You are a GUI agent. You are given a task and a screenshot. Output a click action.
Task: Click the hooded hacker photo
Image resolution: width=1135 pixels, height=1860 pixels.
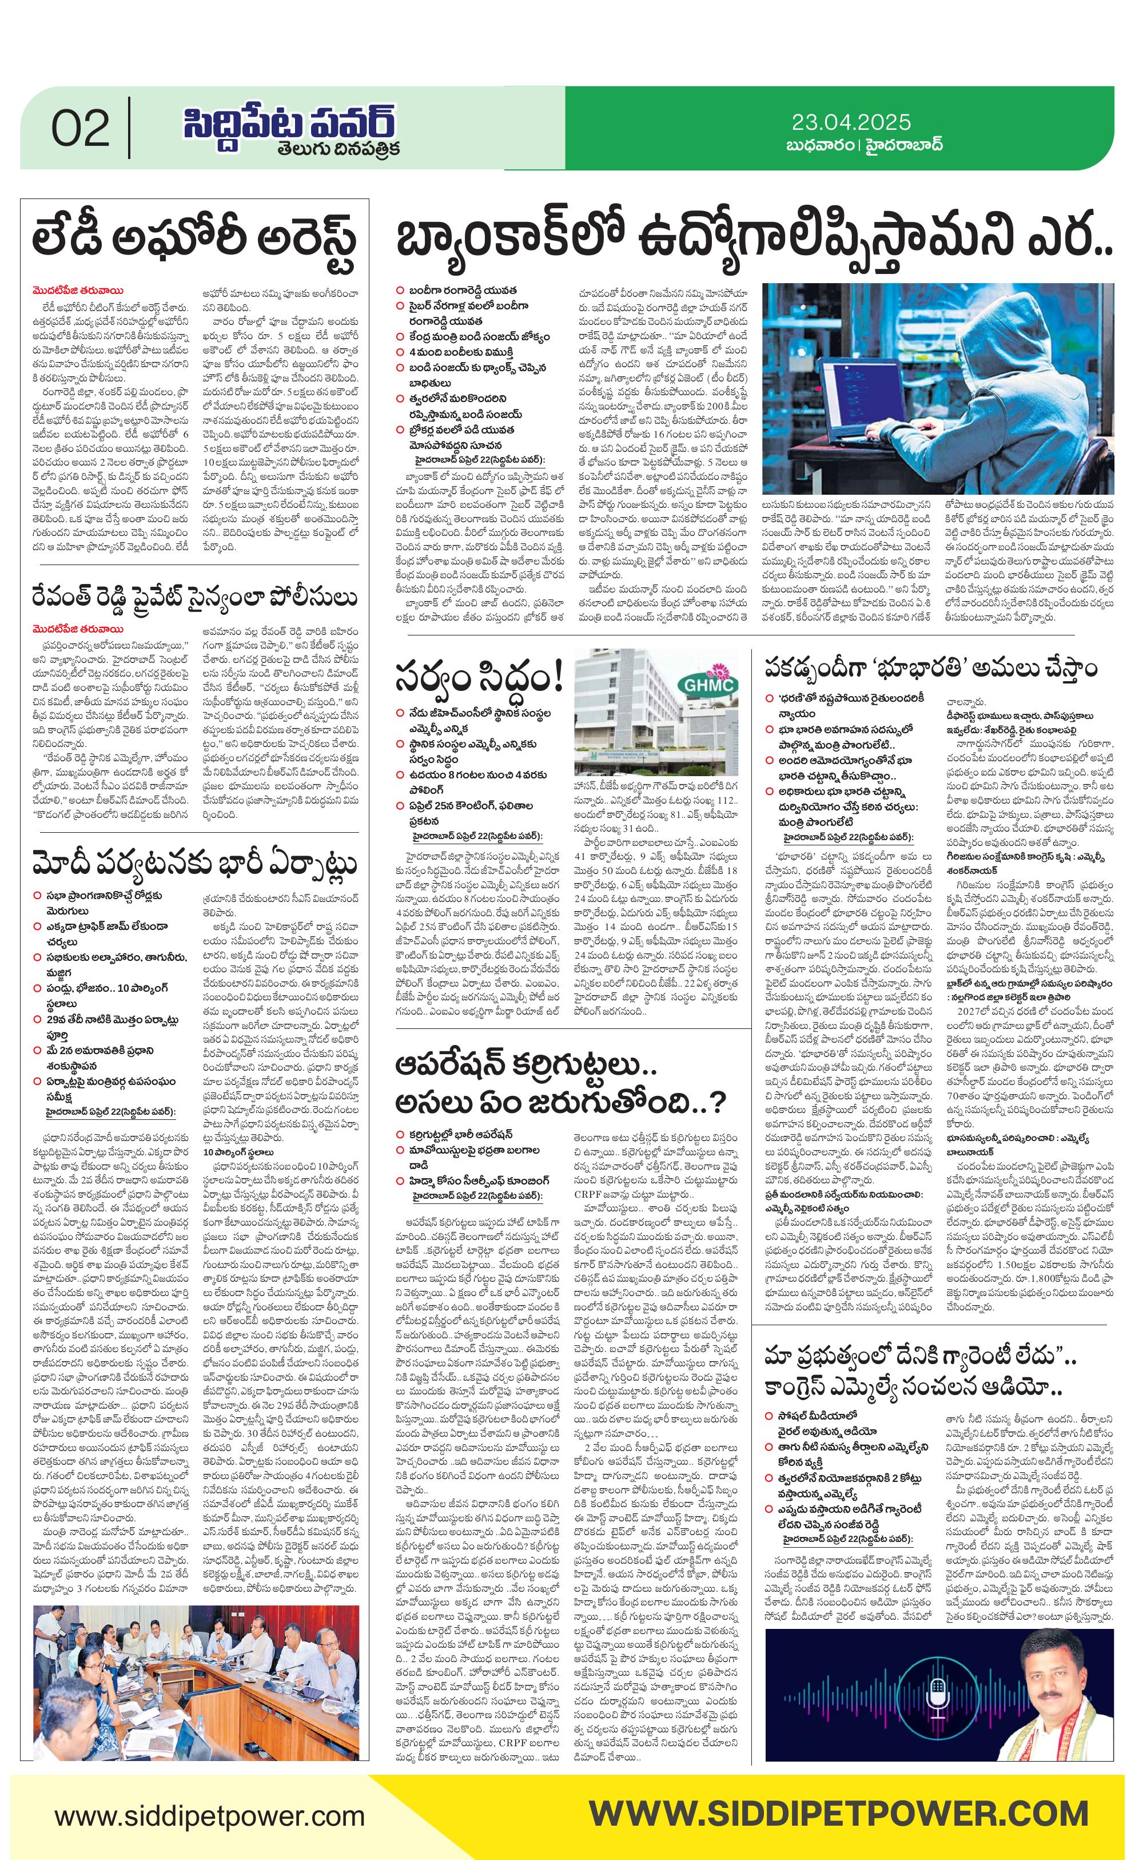point(937,388)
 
